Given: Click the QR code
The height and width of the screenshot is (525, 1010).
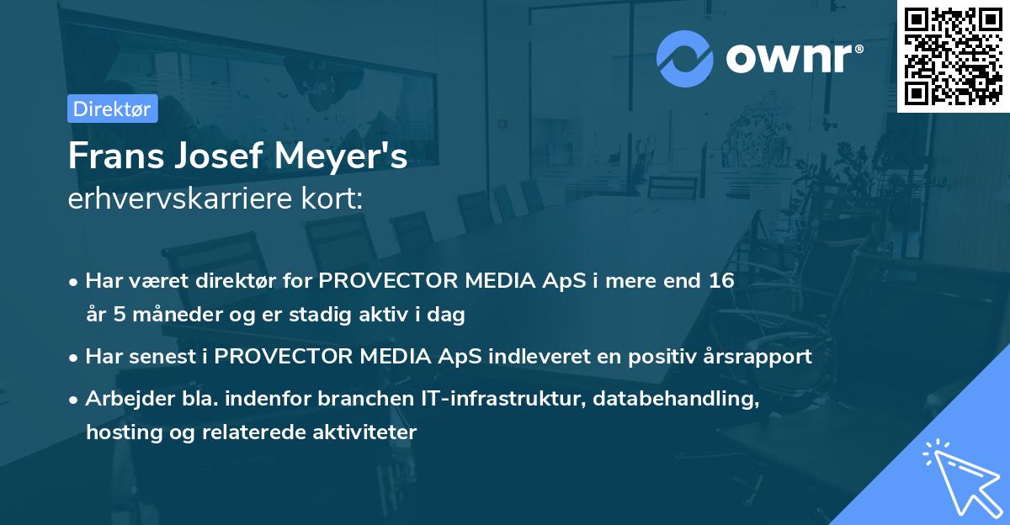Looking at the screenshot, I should pyautogui.click(x=953, y=56).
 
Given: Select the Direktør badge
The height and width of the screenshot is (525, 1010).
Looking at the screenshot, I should pyautogui.click(x=113, y=109).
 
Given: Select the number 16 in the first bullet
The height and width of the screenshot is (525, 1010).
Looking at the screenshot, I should pyautogui.click(x=721, y=281).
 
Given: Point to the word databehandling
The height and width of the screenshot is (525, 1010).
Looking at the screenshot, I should pyautogui.click(x=676, y=399).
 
